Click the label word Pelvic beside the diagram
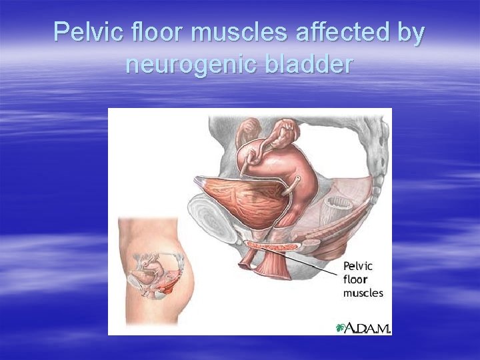tap(359, 266)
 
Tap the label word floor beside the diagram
tap(355, 279)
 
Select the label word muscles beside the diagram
tap(363, 293)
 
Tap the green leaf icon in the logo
tap(341, 327)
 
